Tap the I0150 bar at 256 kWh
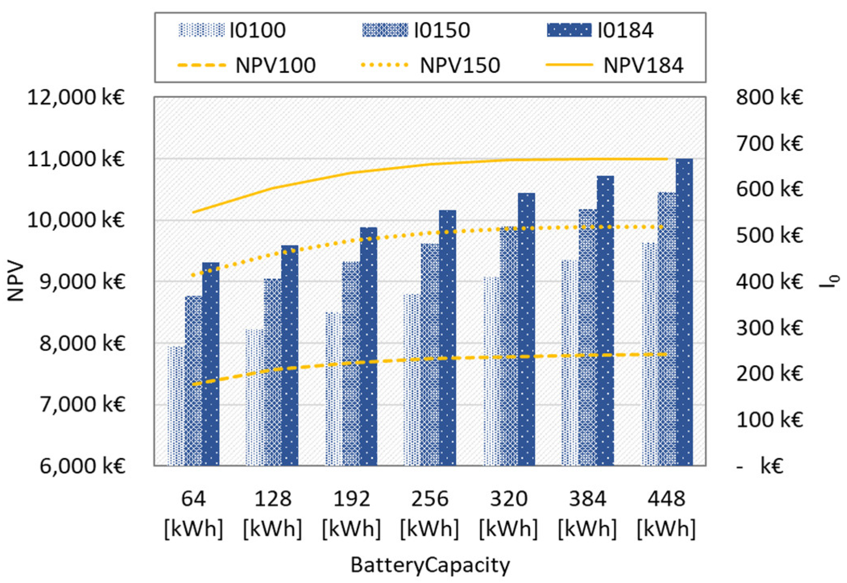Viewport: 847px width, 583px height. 430,354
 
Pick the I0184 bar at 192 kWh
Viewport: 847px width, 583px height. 368,346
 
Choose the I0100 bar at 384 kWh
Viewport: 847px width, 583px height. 570,362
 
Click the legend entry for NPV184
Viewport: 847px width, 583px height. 615,65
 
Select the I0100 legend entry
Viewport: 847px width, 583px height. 232,30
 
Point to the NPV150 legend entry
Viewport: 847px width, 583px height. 431,65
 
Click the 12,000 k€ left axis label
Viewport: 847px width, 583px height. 76,97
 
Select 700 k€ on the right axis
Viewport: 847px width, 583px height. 769,143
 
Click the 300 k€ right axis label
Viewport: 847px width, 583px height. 769,328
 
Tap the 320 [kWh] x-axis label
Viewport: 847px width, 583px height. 508,513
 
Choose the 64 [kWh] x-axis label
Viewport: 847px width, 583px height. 193,513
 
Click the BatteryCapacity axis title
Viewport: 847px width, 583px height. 430,565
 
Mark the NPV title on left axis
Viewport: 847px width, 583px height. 16,281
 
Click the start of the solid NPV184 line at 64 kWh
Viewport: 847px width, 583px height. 194,212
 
